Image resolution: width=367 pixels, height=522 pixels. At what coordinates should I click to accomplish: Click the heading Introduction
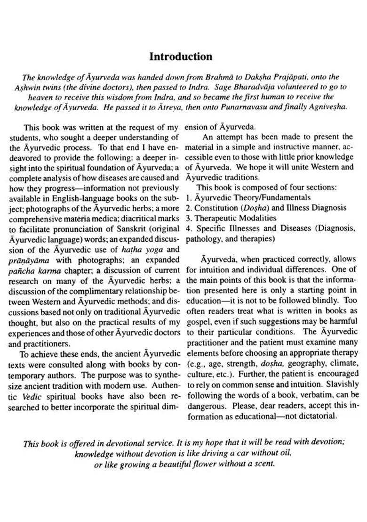pyautogui.click(x=181, y=57)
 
